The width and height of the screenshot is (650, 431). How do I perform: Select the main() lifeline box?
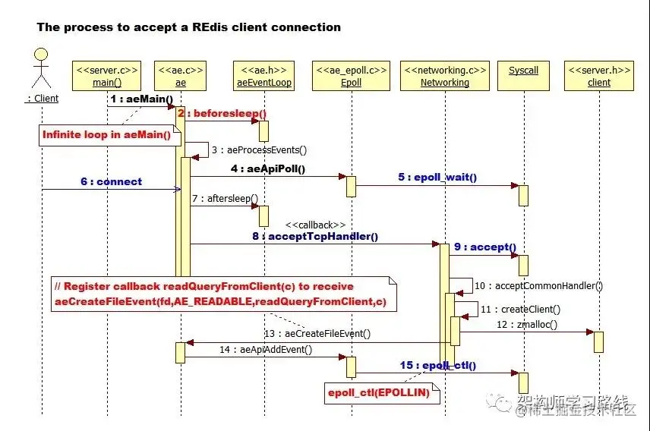(x=107, y=76)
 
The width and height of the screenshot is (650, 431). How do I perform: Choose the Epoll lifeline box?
(x=351, y=76)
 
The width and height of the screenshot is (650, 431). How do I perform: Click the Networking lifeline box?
(x=445, y=76)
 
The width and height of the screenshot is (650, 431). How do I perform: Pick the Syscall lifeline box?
(x=523, y=71)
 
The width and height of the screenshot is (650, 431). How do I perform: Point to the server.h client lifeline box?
(x=598, y=76)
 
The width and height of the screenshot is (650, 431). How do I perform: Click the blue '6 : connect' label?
(x=111, y=182)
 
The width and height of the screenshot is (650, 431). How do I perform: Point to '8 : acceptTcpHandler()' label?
(x=315, y=236)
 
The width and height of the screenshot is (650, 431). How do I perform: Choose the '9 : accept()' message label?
(x=485, y=247)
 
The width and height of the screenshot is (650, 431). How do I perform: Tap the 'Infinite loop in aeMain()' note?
(x=106, y=134)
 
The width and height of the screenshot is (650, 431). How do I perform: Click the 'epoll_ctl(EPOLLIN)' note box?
(x=378, y=392)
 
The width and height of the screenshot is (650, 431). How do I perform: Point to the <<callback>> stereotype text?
(x=315, y=225)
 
